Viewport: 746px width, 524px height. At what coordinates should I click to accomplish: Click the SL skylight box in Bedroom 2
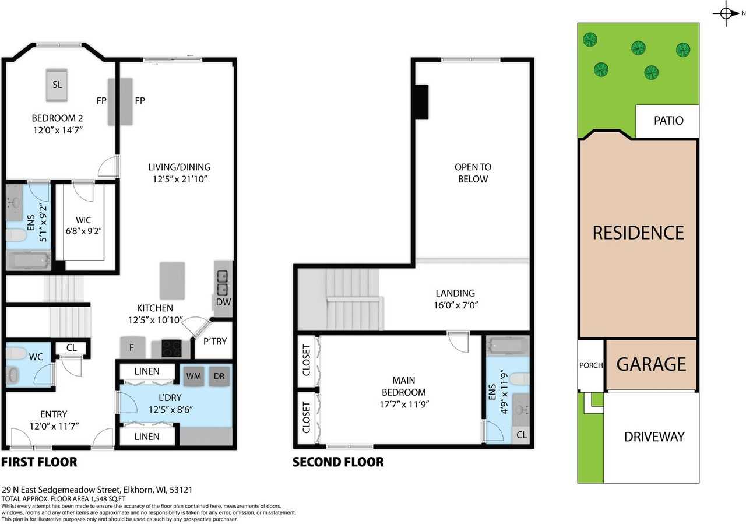(57, 85)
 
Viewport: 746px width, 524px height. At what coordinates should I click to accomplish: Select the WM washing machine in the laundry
(193, 377)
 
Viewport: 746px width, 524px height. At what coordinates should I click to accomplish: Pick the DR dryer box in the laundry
(219, 377)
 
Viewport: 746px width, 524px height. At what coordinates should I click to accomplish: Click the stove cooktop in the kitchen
(171, 348)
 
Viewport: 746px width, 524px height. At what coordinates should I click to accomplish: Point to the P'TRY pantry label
(214, 342)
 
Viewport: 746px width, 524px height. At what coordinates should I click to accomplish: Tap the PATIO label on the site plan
(668, 121)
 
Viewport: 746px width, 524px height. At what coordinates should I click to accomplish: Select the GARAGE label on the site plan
(651, 364)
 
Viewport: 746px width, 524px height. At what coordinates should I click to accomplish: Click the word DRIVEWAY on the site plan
(654, 437)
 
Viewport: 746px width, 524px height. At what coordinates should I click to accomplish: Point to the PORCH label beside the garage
(591, 365)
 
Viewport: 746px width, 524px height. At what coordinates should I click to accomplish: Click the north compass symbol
(726, 13)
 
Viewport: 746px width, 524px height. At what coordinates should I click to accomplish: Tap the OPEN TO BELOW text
(473, 173)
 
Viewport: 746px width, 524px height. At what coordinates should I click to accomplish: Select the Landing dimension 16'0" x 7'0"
(455, 304)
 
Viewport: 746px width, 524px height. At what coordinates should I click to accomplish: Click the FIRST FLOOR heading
(39, 462)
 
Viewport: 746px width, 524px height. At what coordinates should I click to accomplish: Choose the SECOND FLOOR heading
(338, 462)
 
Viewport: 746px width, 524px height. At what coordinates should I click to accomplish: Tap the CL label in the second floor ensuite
(521, 435)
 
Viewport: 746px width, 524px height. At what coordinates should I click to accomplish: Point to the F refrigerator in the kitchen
(132, 347)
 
